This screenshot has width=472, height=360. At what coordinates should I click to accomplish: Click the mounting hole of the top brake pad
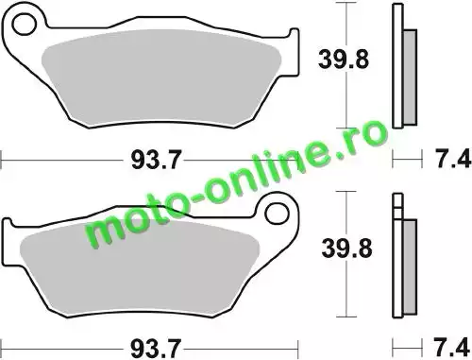pos(25,24)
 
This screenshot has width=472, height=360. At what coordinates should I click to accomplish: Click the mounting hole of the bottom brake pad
pos(277,214)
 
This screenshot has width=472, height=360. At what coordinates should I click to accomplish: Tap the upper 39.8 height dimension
pos(343,60)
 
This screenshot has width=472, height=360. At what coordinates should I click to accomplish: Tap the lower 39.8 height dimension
pos(346,249)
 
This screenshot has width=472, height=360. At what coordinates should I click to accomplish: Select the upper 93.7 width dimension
pos(157,160)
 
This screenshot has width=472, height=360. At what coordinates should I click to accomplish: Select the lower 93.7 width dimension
pos(156,349)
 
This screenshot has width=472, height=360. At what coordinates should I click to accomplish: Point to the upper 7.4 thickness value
pos(453,159)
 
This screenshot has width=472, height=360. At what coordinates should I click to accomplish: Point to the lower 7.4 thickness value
pos(453,348)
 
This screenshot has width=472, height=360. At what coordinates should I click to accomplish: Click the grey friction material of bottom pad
pos(140,265)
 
